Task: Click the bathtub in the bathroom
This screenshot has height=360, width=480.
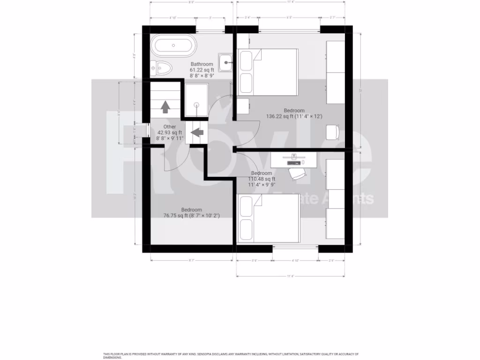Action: tap(172, 46)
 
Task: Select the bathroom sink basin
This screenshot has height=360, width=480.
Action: tap(226, 61)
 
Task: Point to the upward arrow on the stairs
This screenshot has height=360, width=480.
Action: tap(165, 107)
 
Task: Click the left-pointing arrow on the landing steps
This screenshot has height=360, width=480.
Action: tap(197, 133)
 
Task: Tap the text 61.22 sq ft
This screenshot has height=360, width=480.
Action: tap(202, 69)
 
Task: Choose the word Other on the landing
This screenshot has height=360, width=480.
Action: tap(170, 127)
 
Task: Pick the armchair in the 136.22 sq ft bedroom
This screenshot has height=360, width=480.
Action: tap(333, 132)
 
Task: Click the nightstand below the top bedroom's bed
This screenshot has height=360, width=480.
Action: tap(242, 106)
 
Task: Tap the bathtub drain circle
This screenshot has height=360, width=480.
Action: tap(173, 46)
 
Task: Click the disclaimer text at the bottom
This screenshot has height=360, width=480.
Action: tap(230, 355)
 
